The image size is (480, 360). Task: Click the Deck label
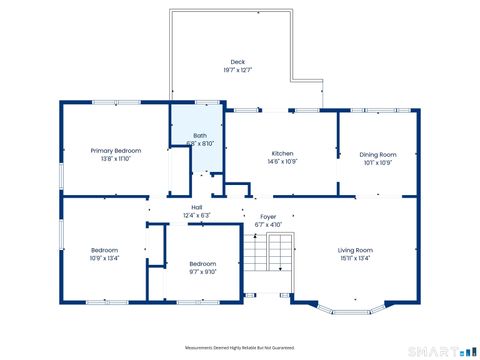point(237,62)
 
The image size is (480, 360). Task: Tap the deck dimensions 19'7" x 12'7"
point(237,71)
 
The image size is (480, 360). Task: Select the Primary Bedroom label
point(116,150)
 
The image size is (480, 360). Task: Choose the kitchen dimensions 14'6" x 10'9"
point(282,161)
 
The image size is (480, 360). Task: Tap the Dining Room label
point(378,154)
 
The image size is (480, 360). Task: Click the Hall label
point(196,207)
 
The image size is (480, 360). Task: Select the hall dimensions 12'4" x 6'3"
point(196,215)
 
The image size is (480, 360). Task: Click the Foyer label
point(268,216)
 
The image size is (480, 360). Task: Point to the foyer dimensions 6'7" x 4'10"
point(268,225)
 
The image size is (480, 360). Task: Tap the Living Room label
point(354,249)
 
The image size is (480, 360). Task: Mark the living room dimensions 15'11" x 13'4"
point(354,258)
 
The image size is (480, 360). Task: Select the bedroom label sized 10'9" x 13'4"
point(105,250)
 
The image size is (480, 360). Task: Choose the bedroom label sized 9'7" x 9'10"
point(203,263)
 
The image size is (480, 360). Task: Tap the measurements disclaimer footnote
point(240,347)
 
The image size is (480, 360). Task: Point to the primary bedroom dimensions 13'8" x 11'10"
point(116,158)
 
